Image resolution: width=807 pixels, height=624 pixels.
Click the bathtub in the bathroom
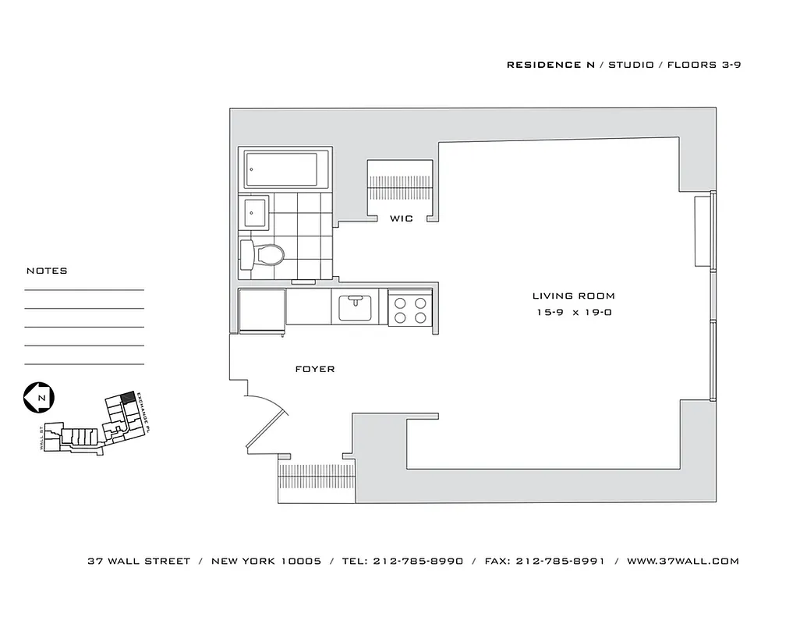coord(281,170)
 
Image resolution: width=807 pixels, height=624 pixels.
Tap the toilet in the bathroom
coord(263,253)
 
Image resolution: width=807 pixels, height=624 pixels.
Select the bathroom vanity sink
coord(254,211)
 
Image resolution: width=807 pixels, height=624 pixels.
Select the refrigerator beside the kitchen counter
coord(261,310)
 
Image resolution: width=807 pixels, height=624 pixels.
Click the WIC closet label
coord(402,219)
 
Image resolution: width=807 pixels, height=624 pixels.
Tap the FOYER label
coord(315,369)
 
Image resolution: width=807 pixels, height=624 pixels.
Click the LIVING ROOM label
coord(573,296)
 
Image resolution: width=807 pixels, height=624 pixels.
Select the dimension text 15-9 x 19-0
coord(573,313)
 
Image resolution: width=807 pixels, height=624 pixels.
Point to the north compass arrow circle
coord(37,398)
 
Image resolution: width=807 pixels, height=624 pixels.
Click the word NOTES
coord(47,271)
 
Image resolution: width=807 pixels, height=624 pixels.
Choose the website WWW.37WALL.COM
coord(682,562)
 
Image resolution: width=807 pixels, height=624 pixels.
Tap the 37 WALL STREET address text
coord(139,562)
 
